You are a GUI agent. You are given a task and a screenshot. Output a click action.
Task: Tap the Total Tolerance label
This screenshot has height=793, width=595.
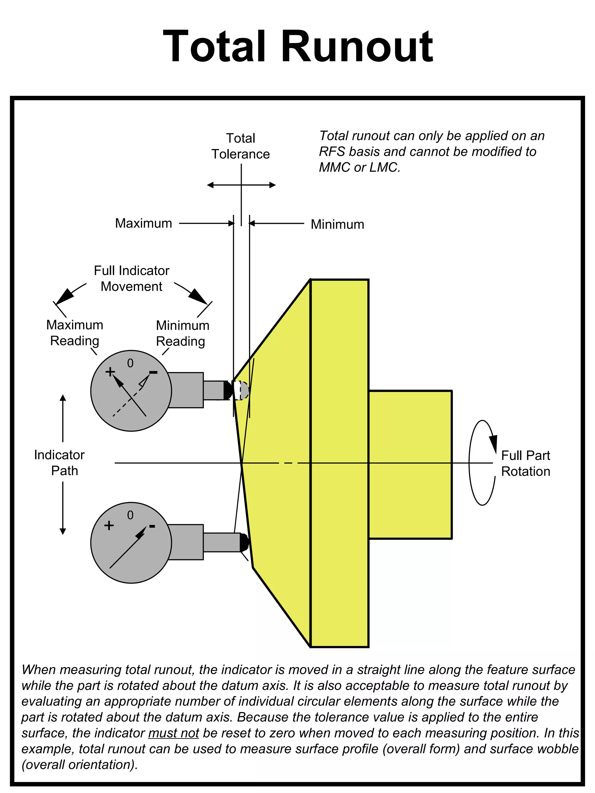(240, 146)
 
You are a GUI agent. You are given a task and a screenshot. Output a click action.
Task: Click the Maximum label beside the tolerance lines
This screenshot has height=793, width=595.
(144, 223)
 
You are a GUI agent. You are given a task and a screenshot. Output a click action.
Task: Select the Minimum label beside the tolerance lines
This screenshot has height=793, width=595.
(337, 224)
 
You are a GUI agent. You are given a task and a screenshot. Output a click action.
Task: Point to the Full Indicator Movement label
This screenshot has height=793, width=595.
(132, 278)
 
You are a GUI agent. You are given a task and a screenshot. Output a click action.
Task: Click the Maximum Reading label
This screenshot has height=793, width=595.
(75, 333)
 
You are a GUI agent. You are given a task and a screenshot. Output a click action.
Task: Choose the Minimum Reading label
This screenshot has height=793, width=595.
(182, 333)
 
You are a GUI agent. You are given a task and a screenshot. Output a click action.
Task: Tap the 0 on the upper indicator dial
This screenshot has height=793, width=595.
(130, 364)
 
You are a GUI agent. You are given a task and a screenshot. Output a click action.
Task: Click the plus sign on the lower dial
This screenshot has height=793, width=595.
(109, 526)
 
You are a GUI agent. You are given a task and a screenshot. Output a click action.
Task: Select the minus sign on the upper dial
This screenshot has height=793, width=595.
(153, 373)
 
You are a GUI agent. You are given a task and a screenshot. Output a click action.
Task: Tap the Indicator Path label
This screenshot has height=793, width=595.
(60, 463)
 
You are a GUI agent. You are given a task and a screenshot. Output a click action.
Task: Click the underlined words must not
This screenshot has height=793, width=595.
(173, 733)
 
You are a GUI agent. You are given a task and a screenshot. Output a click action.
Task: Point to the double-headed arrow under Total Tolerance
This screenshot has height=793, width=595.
(241, 185)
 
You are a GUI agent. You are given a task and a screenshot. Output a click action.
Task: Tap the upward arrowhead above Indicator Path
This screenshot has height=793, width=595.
(63, 398)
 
